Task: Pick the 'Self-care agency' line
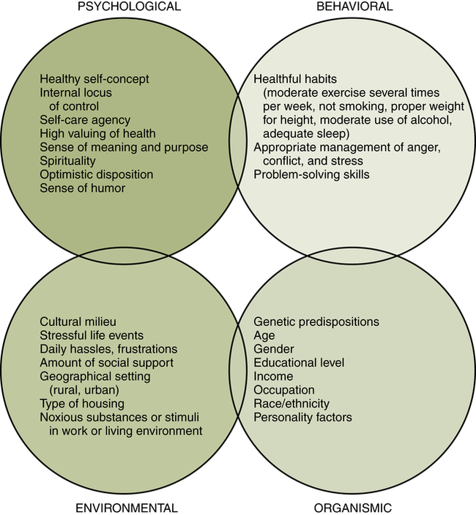click(x=85, y=119)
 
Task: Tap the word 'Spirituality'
click(x=70, y=161)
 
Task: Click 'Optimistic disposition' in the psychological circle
click(x=97, y=174)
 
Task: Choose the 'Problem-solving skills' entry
click(x=310, y=174)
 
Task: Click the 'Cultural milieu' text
click(x=78, y=322)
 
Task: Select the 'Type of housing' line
click(x=82, y=404)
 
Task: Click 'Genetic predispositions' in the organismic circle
click(x=316, y=322)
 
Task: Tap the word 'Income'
click(x=272, y=376)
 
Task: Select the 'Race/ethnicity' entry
click(x=291, y=404)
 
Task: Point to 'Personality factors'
click(x=302, y=417)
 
